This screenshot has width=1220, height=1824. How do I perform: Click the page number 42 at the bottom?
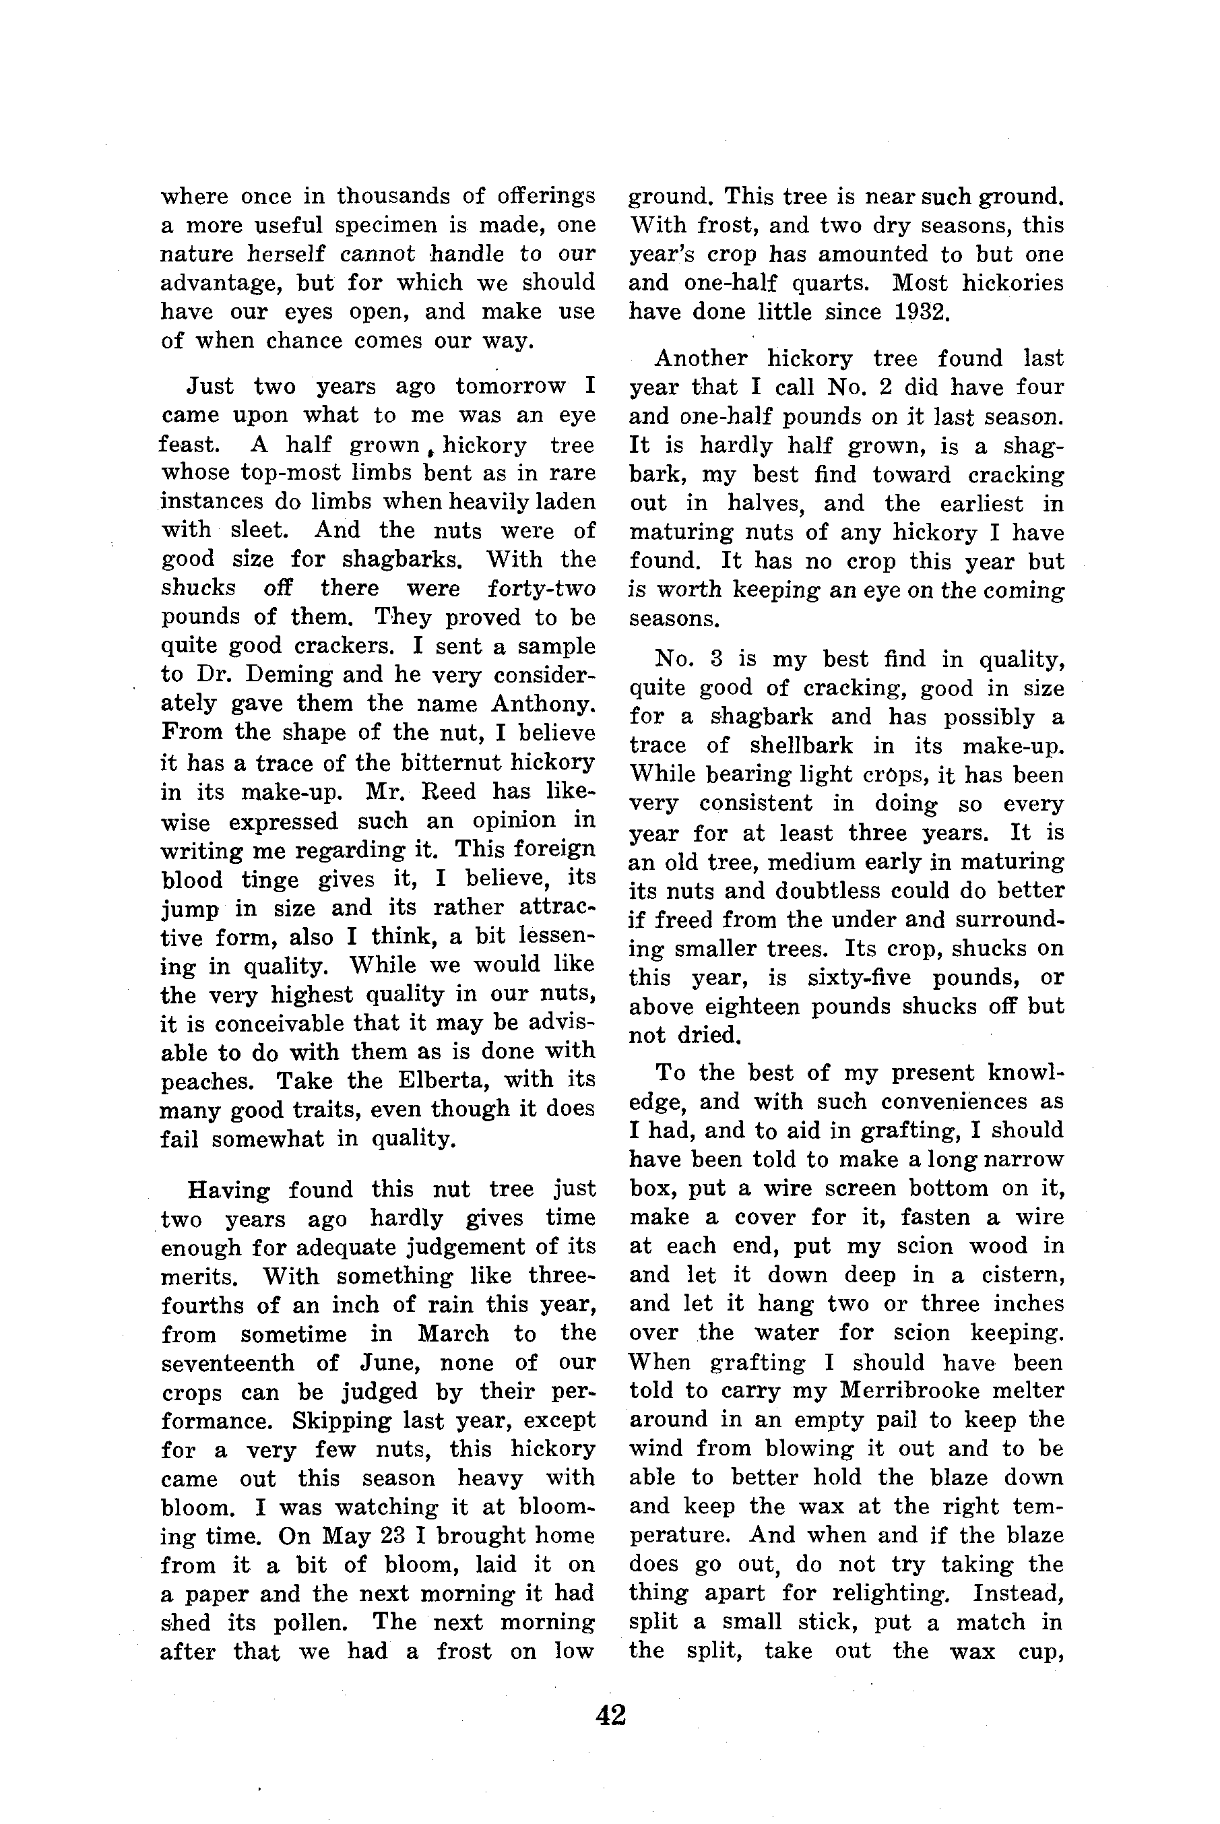[x=610, y=1715]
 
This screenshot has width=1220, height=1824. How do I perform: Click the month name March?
[x=453, y=1333]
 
